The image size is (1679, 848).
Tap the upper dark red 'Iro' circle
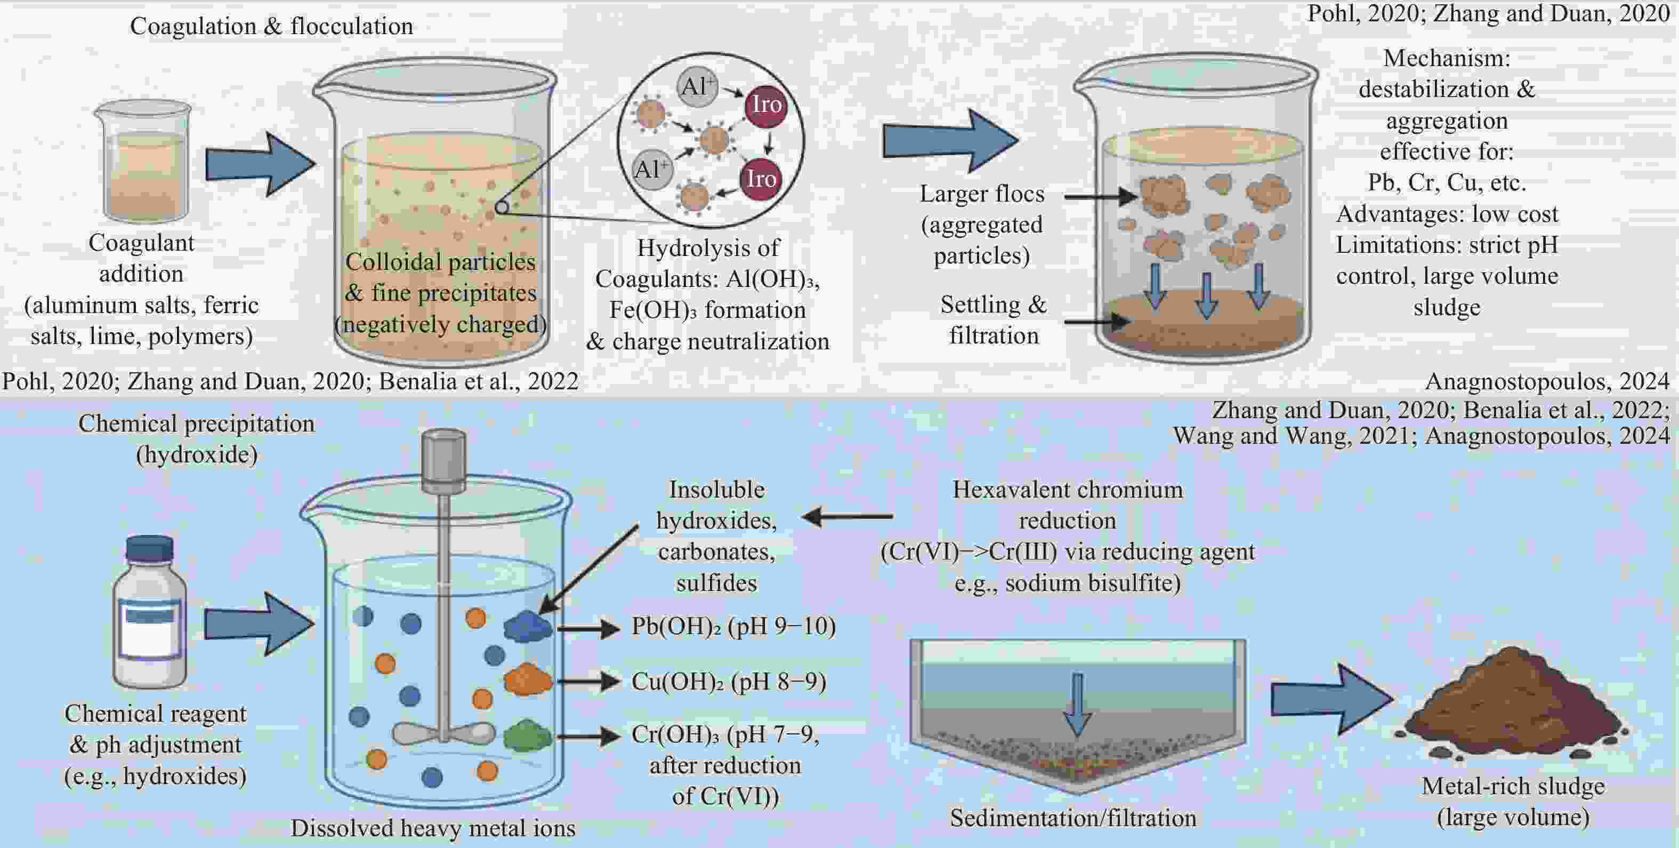[766, 105]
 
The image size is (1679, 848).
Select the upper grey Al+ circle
[697, 86]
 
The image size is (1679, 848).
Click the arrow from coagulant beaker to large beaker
[260, 164]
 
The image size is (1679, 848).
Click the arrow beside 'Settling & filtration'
[1097, 321]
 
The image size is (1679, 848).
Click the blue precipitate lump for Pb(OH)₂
[527, 627]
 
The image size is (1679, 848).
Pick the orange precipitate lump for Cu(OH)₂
[527, 679]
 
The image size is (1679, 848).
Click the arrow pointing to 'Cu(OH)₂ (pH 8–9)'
[588, 682]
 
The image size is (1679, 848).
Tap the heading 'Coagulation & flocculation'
[271, 26]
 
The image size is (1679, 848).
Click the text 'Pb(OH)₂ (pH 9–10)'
[733, 627]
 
